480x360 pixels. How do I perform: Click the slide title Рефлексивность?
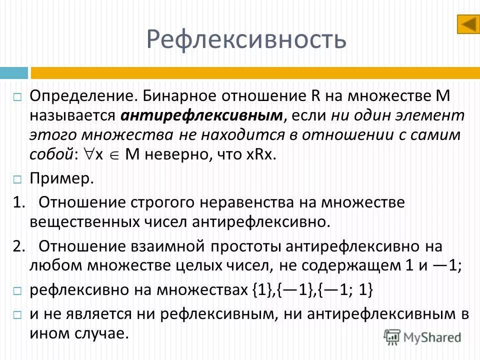[x=246, y=39]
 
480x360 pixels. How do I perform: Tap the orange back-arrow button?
[x=468, y=24]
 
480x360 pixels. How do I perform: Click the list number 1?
[x=19, y=203]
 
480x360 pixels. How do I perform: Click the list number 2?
[x=19, y=246]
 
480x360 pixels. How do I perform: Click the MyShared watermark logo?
[x=423, y=336]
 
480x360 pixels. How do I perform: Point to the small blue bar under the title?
[x=13, y=73]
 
